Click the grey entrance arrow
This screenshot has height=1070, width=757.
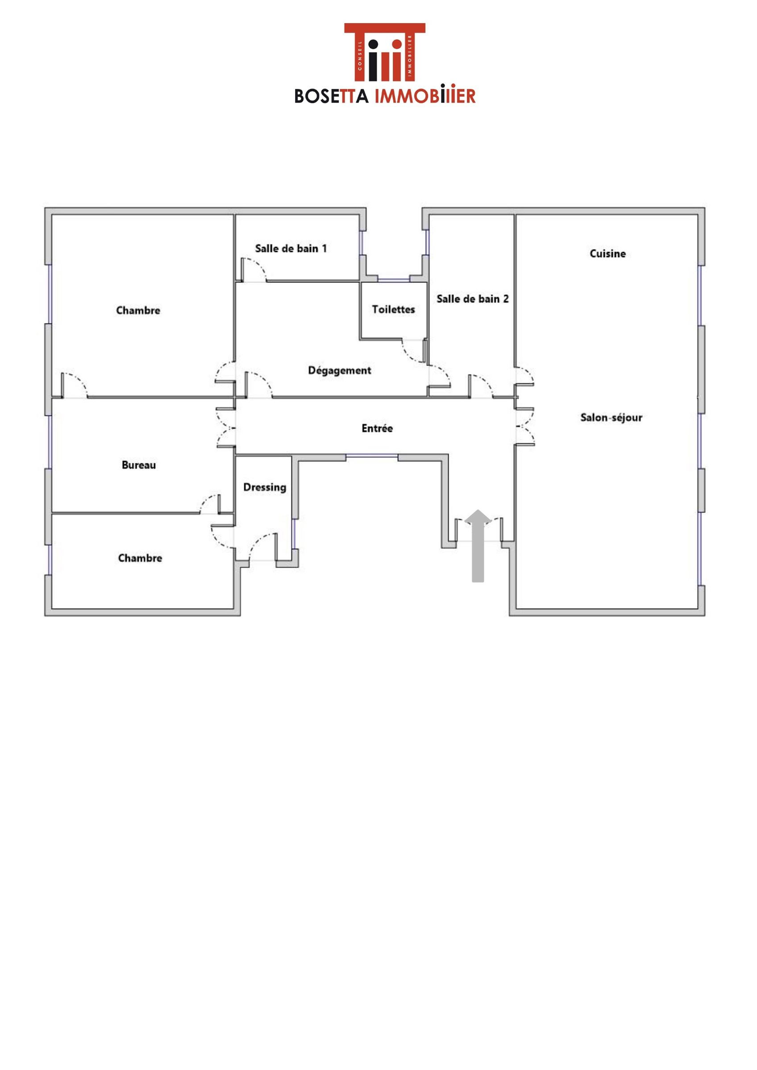[x=478, y=545]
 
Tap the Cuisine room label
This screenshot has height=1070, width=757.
[x=607, y=254]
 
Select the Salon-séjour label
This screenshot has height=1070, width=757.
[x=611, y=418]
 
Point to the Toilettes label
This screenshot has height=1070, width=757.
[x=393, y=309]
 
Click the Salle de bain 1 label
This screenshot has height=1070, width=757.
[x=291, y=248]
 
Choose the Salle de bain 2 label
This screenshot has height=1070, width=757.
[x=473, y=299]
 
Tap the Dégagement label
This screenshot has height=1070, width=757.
[x=340, y=370]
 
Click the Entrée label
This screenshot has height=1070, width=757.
[x=377, y=428]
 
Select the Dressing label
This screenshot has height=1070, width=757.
[x=265, y=487]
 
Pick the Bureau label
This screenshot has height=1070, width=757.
[x=138, y=465]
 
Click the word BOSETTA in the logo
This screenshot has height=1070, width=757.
[x=332, y=96]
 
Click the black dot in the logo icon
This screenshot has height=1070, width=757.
[x=373, y=44]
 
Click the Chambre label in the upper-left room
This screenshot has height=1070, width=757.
[x=138, y=310]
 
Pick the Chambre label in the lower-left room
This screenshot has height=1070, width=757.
[x=140, y=558]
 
